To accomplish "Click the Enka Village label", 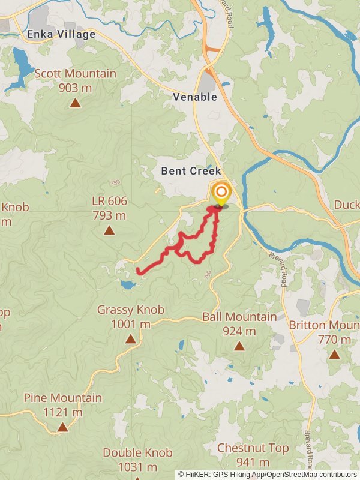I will tap(61, 35).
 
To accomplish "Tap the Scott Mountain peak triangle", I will tap(75, 103).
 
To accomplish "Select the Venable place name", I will tap(195, 97).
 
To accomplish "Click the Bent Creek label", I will tap(191, 171).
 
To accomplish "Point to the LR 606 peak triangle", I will tap(109, 230).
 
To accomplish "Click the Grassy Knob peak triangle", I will tap(130, 340).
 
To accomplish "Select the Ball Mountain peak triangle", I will tap(239, 346).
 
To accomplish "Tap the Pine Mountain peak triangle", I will tap(62, 427).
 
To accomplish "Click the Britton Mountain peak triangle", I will tap(334, 354).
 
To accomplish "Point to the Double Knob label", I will tap(137, 453).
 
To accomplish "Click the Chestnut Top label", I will tap(253, 448).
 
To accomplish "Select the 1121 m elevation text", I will tap(62, 412).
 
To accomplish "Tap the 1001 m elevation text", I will tap(130, 324).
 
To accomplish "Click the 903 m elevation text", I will tap(75, 88).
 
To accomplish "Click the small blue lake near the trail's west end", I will tap(127, 284).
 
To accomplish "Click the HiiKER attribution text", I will tap(267, 474).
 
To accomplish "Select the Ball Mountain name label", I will tap(239, 317).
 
